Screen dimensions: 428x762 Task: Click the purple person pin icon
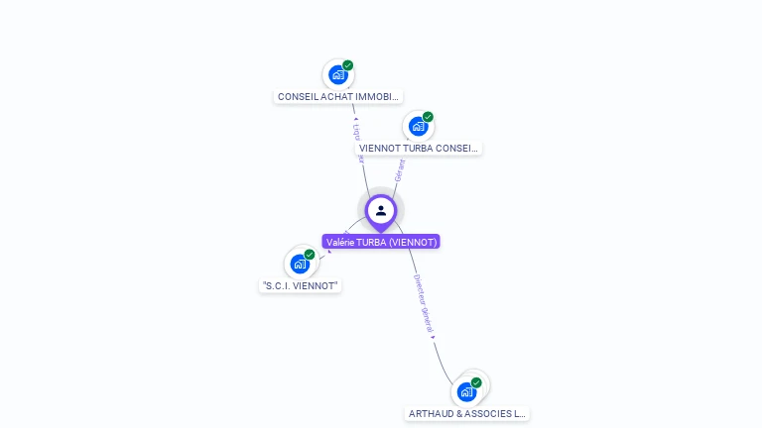coord(381,210)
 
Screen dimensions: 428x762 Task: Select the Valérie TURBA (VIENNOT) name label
coord(381,242)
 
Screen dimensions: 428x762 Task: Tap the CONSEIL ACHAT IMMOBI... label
coord(338,97)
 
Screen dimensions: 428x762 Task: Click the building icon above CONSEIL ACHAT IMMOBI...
coord(338,74)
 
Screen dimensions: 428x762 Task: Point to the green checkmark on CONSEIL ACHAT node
coord(348,65)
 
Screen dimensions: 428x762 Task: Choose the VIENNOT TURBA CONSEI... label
coord(419,149)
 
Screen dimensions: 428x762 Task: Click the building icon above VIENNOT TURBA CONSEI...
coord(418,126)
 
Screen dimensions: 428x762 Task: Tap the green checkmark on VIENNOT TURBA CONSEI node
coord(428,117)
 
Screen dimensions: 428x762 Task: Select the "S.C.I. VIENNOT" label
coord(301,285)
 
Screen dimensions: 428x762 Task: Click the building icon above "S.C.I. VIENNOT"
coord(300,264)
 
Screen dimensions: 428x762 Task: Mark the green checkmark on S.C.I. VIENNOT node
coord(310,255)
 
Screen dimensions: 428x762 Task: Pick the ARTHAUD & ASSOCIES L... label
coord(467,414)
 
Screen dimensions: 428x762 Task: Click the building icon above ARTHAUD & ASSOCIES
coord(466,391)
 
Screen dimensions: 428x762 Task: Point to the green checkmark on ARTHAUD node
coord(476,382)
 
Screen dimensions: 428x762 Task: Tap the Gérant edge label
coord(400,168)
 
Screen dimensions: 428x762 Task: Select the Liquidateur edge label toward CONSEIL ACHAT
coord(358,139)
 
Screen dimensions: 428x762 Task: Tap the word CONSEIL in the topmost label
coord(297,97)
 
